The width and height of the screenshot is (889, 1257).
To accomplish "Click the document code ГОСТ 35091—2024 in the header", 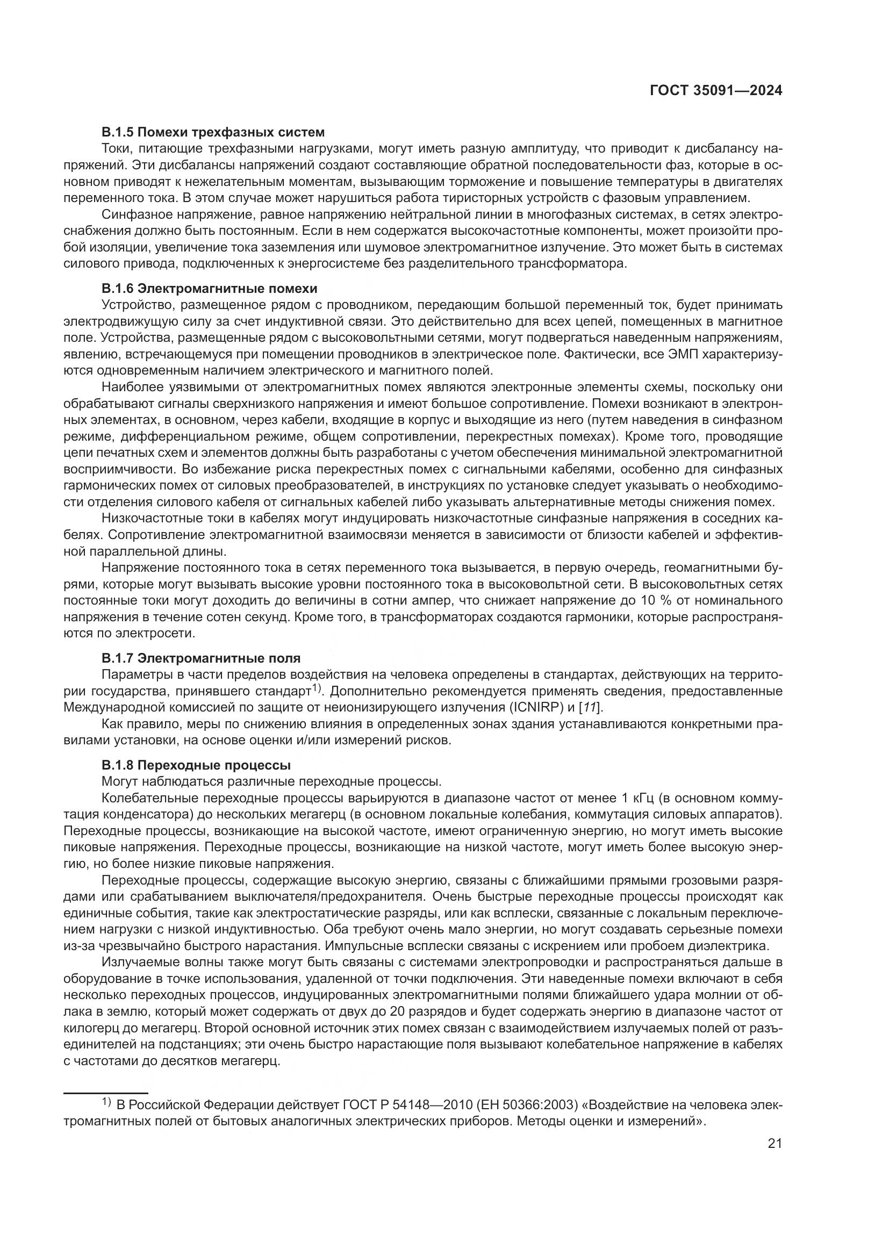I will (x=715, y=91).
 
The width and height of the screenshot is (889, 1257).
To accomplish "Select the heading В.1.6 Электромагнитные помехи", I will (x=209, y=288).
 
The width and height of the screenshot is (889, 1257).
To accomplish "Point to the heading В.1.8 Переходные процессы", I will (x=196, y=764).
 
